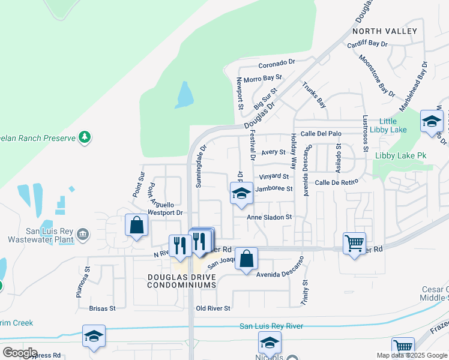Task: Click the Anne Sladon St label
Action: pyautogui.click(x=270, y=217)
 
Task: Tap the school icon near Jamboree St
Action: pyautogui.click(x=241, y=193)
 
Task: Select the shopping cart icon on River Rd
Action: pyautogui.click(x=355, y=243)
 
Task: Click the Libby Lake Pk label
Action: pyautogui.click(x=400, y=155)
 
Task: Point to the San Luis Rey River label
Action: pyautogui.click(x=271, y=326)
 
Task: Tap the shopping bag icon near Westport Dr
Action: pyautogui.click(x=136, y=226)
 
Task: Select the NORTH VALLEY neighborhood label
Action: pyautogui.click(x=385, y=31)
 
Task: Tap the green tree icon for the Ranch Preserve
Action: pyautogui.click(x=85, y=137)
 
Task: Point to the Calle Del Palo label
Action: pyautogui.click(x=321, y=134)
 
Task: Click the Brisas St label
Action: pyautogui.click(x=101, y=308)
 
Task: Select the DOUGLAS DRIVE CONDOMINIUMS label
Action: pyautogui.click(x=181, y=281)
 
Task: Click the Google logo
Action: pyautogui.click(x=20, y=352)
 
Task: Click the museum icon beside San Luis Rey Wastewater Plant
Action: pyautogui.click(x=83, y=233)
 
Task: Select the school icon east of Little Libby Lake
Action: pyautogui.click(x=432, y=122)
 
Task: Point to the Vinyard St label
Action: pyautogui.click(x=274, y=177)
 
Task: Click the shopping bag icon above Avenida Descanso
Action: pyautogui.click(x=246, y=259)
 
